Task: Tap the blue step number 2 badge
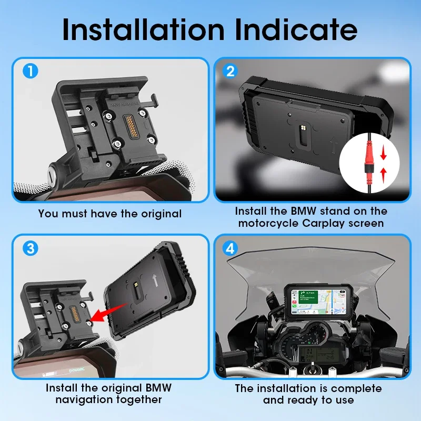pos(230,71)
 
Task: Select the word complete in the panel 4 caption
pos(355,389)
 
